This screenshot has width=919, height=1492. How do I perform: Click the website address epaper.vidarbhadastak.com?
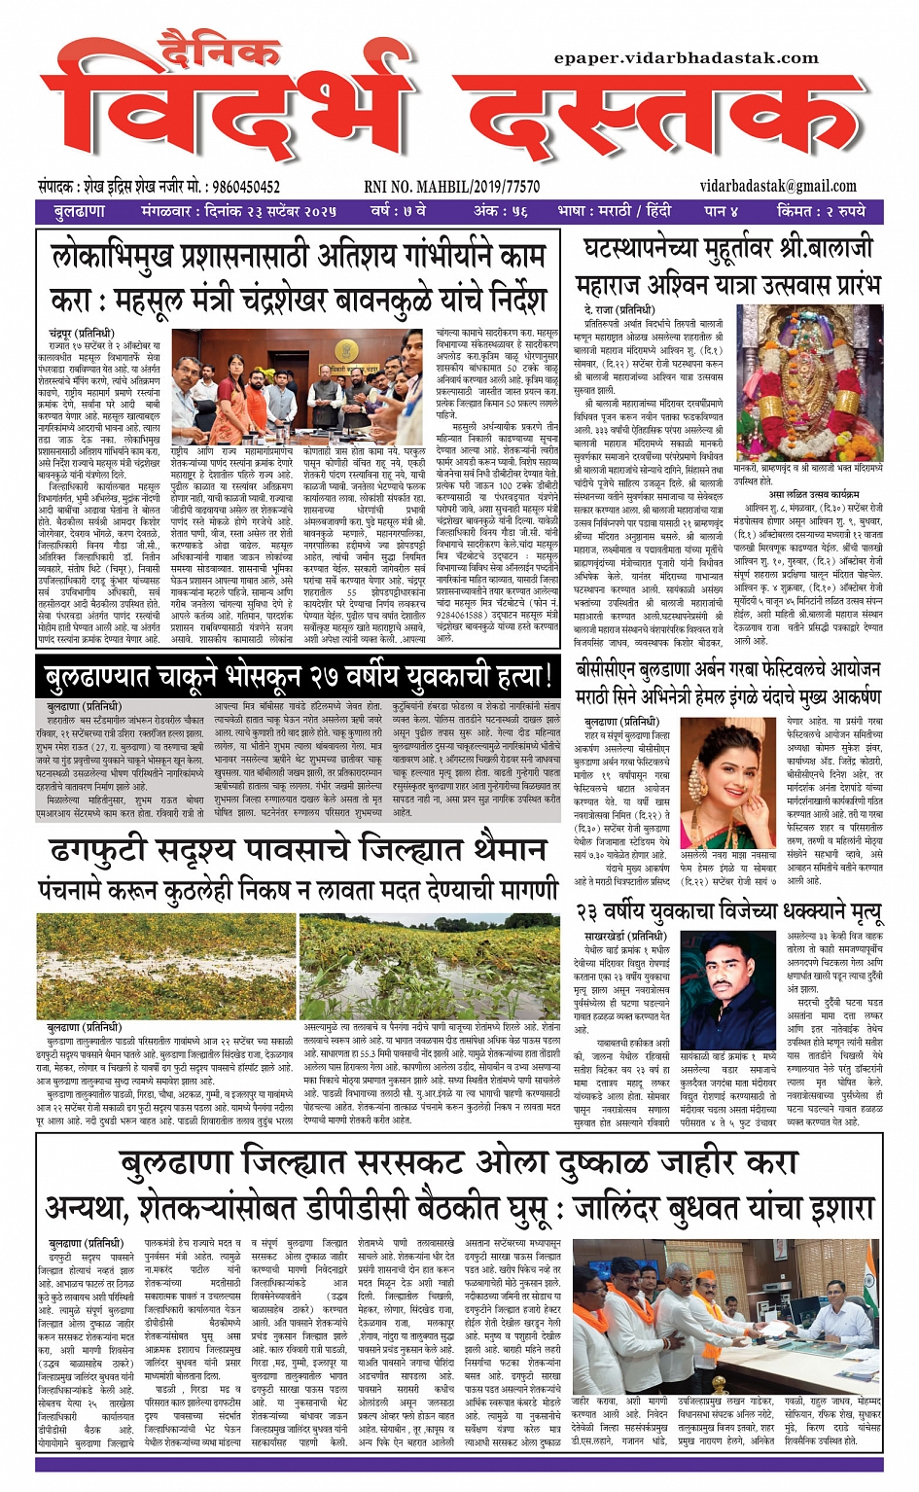click(x=686, y=58)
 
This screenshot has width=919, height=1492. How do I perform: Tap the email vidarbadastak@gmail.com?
click(x=778, y=186)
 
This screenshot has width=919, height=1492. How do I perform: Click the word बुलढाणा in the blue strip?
click(x=80, y=211)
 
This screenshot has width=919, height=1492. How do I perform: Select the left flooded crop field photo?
click(x=167, y=966)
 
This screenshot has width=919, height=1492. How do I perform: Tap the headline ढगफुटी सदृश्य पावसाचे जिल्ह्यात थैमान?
click(x=298, y=851)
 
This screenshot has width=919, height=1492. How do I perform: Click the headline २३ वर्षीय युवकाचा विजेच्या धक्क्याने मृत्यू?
click(x=729, y=913)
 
